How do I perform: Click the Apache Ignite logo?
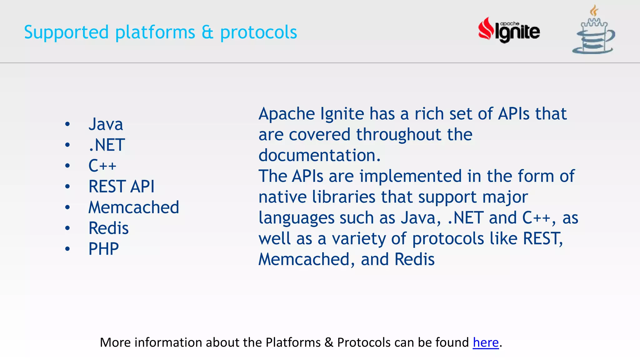[x=509, y=31]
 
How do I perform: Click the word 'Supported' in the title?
[x=66, y=32]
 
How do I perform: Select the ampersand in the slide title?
[x=207, y=32]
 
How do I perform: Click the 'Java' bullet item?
[x=106, y=124]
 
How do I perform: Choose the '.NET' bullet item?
[x=107, y=145]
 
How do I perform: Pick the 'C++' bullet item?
[x=102, y=166]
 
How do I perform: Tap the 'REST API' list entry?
[x=121, y=187]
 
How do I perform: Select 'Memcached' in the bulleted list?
[x=134, y=207]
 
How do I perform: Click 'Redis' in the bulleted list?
[x=108, y=228]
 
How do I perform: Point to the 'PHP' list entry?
[x=103, y=249]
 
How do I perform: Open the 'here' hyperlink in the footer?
[x=485, y=342]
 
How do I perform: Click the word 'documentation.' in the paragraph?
[x=319, y=155]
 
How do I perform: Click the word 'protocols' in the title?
[x=258, y=32]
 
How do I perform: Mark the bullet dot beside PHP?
[x=67, y=249]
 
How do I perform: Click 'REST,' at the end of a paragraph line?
[x=543, y=239]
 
